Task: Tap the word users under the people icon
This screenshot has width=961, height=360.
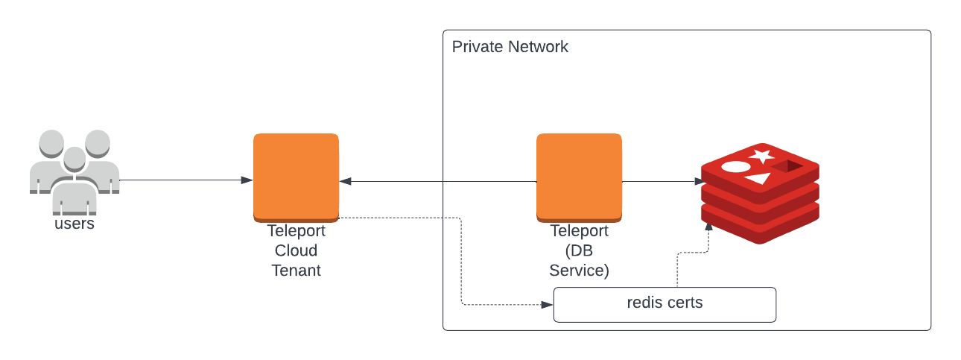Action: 74,224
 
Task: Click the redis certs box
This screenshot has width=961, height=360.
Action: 665,304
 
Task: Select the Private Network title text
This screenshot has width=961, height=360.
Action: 510,47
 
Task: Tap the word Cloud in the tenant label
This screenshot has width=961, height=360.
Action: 296,250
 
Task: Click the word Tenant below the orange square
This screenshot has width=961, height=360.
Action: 296,271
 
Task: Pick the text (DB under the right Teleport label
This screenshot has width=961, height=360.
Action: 579,250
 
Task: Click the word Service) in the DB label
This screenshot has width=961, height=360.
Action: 579,271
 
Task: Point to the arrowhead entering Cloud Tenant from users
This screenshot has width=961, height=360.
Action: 247,180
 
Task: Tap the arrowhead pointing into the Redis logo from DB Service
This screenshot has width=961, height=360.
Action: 700,181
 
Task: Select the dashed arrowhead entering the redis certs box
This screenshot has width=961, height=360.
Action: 548,305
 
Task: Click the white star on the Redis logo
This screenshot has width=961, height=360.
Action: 761,156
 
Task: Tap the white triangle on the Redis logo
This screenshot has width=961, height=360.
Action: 758,179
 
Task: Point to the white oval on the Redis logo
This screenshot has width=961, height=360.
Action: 735,166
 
